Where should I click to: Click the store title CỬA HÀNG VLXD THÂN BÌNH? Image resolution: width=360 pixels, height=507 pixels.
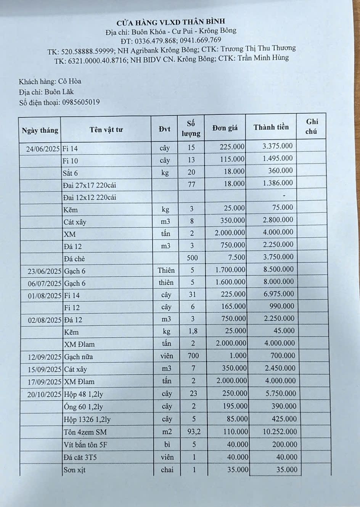pyautogui.click(x=176, y=21)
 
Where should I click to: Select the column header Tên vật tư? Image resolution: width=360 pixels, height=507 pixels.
pyautogui.click(x=106, y=130)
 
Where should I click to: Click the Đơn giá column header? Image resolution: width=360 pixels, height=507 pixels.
pyautogui.click(x=225, y=128)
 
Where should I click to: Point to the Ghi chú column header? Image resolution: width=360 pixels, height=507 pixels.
pyautogui.click(x=312, y=126)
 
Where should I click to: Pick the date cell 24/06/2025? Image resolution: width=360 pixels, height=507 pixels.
pyautogui.click(x=43, y=149)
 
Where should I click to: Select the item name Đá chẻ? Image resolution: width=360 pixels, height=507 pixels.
pyautogui.click(x=74, y=259)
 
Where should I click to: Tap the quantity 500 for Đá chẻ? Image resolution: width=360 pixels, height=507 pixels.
pyautogui.click(x=192, y=258)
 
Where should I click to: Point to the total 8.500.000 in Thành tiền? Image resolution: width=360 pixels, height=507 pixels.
pyautogui.click(x=278, y=269)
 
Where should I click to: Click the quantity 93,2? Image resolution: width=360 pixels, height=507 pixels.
pyautogui.click(x=194, y=432)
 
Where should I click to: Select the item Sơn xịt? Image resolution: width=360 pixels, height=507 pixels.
pyautogui.click(x=75, y=470)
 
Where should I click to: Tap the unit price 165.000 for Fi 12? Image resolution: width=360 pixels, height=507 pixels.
pyautogui.click(x=233, y=306)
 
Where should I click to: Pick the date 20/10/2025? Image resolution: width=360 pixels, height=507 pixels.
pyautogui.click(x=44, y=394)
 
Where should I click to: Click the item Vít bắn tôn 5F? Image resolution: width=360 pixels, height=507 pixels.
pyautogui.click(x=86, y=445)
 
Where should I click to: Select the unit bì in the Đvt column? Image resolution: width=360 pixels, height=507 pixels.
pyautogui.click(x=167, y=444)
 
